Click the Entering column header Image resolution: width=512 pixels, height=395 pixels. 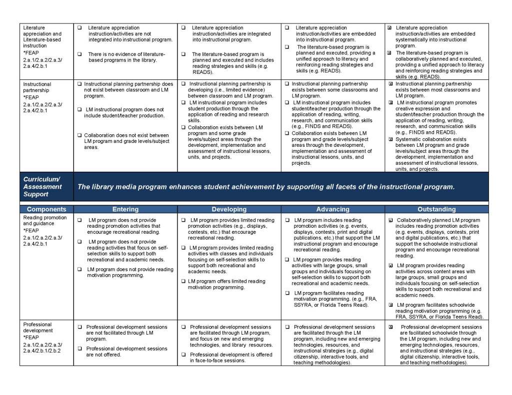pos(125,209)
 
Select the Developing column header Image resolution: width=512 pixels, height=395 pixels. pos(229,209)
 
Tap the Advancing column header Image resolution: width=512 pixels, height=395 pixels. pos(333,209)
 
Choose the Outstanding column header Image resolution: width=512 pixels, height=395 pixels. pos(436,209)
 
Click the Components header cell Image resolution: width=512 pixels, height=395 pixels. pos(46,209)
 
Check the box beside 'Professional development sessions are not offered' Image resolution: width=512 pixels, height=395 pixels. pos(80,349)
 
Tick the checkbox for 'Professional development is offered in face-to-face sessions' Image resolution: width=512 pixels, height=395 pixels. pos(183,355)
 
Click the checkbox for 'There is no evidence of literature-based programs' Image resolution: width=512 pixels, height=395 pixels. pos(80,54)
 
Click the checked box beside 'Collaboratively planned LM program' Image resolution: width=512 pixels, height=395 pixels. pos(390,220)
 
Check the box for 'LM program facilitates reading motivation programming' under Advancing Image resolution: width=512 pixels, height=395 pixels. pos(287,293)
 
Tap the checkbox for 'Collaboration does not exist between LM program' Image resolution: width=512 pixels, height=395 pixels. pos(79,135)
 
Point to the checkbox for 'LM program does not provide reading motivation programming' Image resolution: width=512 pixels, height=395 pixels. pos(80,270)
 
